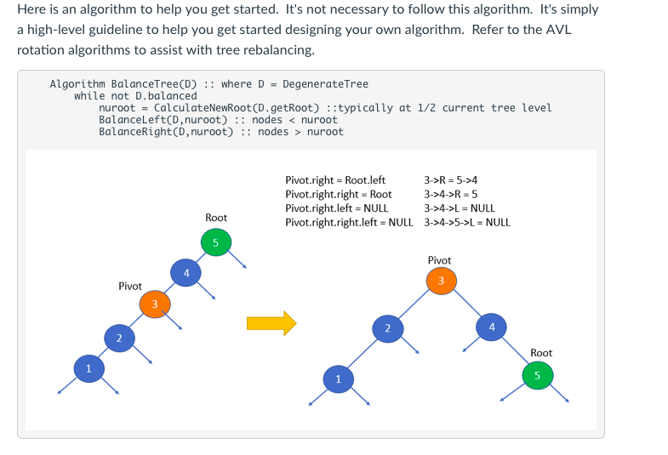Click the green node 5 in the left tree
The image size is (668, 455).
215,243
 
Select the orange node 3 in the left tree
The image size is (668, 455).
154,304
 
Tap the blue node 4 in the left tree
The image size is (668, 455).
186,273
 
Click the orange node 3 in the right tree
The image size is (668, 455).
441,281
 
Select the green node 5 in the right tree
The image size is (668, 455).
537,375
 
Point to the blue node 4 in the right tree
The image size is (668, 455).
490,327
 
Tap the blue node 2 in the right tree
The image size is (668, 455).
387,327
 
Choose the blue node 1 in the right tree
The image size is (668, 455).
338,379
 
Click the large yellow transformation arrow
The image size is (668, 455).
271,322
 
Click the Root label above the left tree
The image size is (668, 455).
216,219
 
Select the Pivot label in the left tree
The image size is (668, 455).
130,287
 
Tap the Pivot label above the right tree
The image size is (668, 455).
439,260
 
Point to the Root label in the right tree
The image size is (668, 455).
541,353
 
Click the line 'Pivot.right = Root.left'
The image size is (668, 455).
335,180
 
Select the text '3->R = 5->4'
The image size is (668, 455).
450,180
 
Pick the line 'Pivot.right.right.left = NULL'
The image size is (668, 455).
349,222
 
